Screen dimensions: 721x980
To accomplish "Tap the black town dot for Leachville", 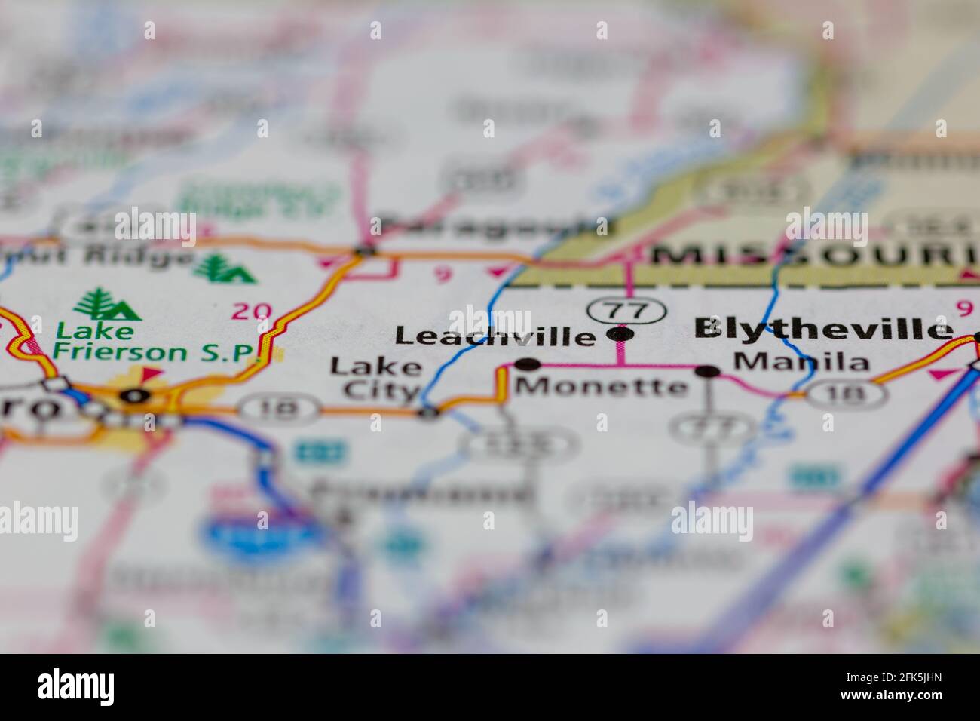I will pos(620,333).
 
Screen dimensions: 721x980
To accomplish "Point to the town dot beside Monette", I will pos(528,365).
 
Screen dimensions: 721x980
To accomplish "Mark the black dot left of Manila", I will pos(707,371).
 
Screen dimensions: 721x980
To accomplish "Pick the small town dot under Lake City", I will pos(428,412).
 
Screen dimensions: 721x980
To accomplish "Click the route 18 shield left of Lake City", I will pos(280,409).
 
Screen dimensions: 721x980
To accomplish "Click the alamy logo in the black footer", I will pos(76,687).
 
